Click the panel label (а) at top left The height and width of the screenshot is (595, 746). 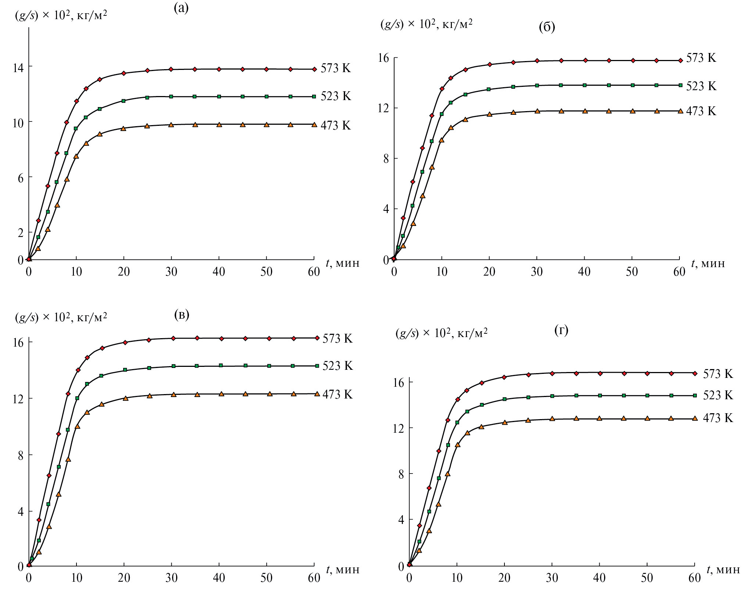click(181, 8)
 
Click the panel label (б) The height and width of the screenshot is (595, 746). click(547, 27)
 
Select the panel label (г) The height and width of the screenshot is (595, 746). click(561, 330)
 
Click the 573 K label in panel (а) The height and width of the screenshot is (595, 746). click(336, 68)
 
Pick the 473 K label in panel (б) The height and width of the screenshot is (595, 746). click(701, 111)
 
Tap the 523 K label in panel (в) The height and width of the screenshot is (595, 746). click(338, 366)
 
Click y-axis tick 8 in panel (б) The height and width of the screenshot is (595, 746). click(385, 159)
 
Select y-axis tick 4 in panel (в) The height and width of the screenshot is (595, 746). click(21, 511)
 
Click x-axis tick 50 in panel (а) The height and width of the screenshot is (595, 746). click(266, 272)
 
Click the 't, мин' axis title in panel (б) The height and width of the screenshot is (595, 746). click(708, 263)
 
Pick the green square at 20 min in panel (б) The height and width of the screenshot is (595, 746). click(489, 89)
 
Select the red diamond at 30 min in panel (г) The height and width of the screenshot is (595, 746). click(552, 373)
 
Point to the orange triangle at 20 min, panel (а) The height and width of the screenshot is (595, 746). click(124, 128)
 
